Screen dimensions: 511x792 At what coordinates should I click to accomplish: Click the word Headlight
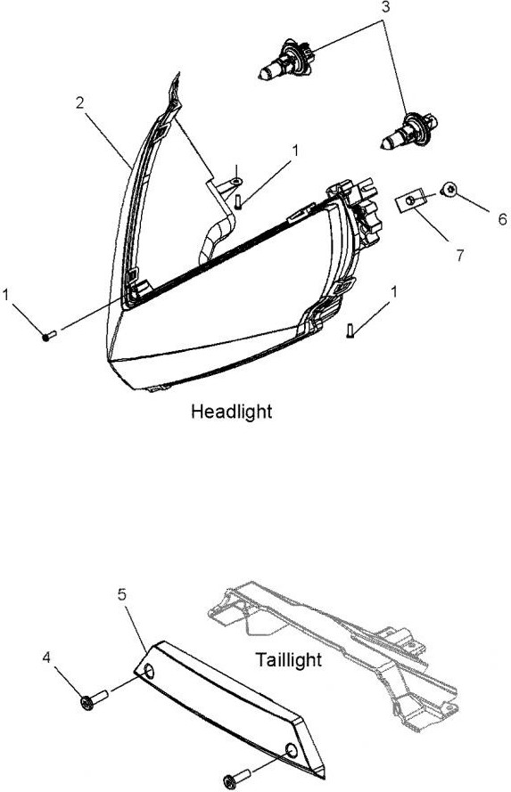click(x=232, y=412)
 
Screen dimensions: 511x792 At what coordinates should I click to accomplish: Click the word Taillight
click(x=288, y=659)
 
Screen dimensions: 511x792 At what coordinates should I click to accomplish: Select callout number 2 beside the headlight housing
click(x=80, y=103)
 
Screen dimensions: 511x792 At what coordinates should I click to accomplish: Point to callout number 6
click(x=502, y=219)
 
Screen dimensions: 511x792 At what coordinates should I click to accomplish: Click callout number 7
click(x=459, y=256)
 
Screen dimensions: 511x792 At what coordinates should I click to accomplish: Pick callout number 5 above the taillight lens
click(x=122, y=594)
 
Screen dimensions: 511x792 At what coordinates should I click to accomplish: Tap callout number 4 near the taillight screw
click(x=46, y=658)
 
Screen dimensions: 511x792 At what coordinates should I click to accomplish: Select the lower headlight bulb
click(x=409, y=131)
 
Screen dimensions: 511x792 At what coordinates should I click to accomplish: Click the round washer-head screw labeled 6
click(x=449, y=191)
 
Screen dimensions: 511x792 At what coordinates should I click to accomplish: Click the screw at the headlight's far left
click(x=51, y=334)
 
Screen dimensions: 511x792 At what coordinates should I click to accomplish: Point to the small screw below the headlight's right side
click(x=350, y=330)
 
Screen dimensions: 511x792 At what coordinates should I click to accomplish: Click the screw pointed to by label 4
click(x=94, y=699)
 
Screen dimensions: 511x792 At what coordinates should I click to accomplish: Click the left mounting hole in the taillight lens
click(x=149, y=672)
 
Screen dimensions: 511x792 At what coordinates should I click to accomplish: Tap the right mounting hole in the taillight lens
click(x=291, y=751)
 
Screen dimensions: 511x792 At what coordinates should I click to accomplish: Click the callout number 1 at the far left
click(x=6, y=295)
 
